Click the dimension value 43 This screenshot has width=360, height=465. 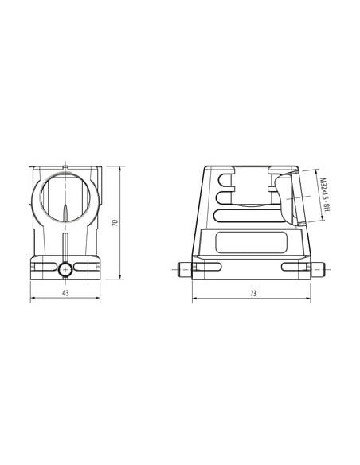pyautogui.click(x=65, y=293)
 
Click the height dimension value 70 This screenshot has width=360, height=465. pyautogui.click(x=115, y=223)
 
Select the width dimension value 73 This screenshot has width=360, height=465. pyautogui.click(x=253, y=293)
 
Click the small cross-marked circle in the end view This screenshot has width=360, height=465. pyautogui.click(x=65, y=270)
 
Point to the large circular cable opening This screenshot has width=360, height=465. pyautogui.click(x=65, y=197)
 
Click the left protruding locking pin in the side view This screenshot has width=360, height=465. pyautogui.click(x=185, y=270)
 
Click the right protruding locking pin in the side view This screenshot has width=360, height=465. pyautogui.click(x=318, y=270)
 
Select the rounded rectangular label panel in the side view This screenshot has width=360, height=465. pyautogui.click(x=251, y=242)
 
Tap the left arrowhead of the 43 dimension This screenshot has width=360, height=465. pyautogui.click(x=32, y=298)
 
